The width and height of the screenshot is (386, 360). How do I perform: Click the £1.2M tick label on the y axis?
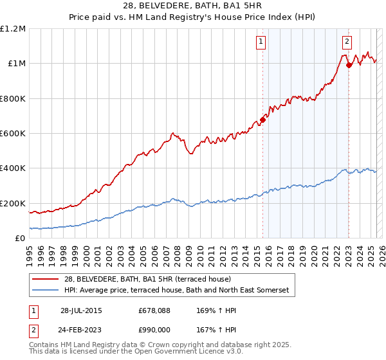[x=13, y=28]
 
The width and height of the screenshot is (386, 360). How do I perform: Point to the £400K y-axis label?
[x=12, y=168]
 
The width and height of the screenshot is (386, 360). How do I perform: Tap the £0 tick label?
[x=19, y=238]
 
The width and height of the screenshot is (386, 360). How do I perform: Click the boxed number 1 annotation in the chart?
[x=261, y=42]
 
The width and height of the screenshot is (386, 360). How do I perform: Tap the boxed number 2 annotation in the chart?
[x=347, y=42]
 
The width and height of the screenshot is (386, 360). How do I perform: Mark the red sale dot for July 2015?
[x=262, y=120]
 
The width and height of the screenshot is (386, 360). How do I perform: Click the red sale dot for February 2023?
[x=349, y=65]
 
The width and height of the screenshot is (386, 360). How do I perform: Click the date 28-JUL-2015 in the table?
[x=81, y=310]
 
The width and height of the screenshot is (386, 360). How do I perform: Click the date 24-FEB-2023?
[x=81, y=329]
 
